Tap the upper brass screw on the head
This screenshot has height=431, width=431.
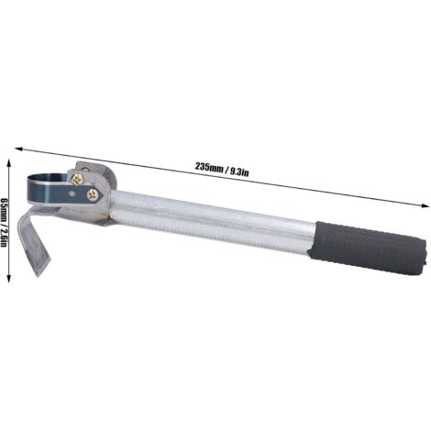(76, 180)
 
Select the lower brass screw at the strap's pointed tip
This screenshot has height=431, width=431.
(93, 195)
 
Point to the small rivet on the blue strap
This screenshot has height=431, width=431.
(72, 193)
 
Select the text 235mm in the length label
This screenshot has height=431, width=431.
(209, 168)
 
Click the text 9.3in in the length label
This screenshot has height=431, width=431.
(239, 172)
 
